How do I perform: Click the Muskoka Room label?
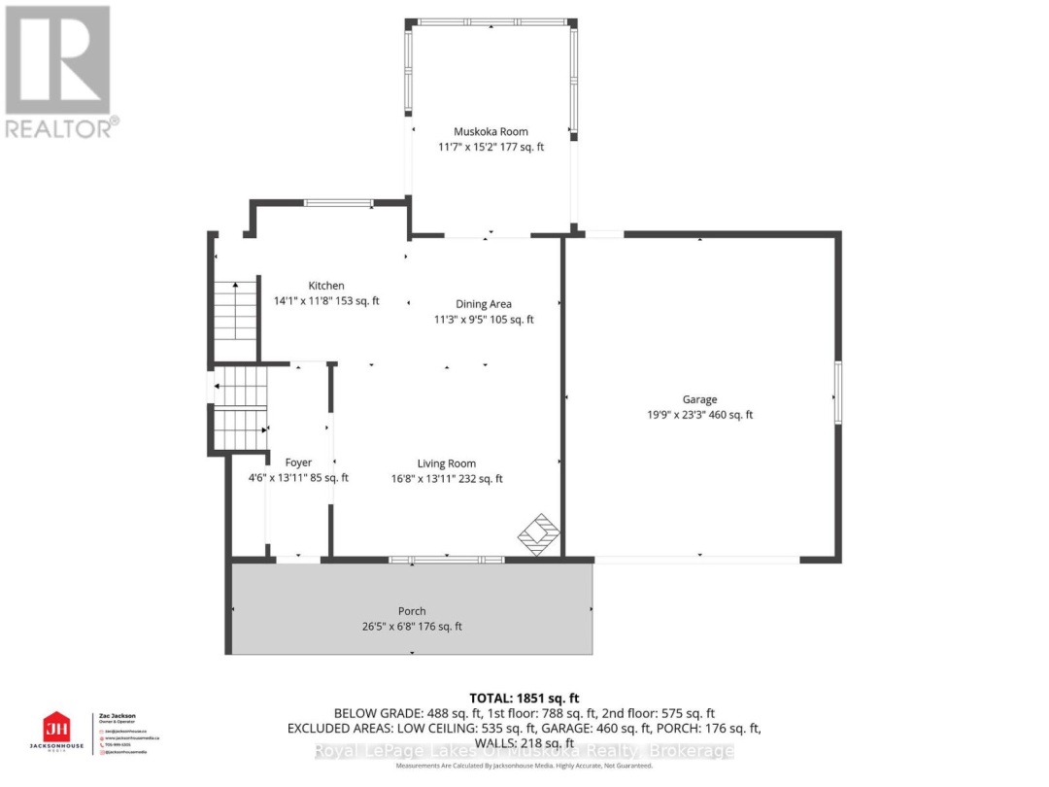pyautogui.click(x=491, y=131)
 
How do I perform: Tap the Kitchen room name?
pyautogui.click(x=326, y=286)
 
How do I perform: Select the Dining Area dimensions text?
pyautogui.click(x=484, y=320)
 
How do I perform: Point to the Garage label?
pyautogui.click(x=699, y=399)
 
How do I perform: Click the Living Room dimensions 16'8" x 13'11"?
pyautogui.click(x=447, y=478)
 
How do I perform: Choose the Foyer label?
pyautogui.click(x=298, y=462)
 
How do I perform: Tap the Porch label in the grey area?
pyautogui.click(x=412, y=611)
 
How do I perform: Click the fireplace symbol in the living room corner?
pyautogui.click(x=539, y=533)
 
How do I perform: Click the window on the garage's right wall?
pyautogui.click(x=837, y=393)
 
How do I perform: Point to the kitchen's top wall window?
pyautogui.click(x=338, y=203)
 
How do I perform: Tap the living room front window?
pyautogui.click(x=447, y=560)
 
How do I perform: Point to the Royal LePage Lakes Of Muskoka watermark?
pyautogui.click(x=524, y=751)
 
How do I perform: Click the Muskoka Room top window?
pyautogui.click(x=491, y=21)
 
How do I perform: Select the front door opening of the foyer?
pyautogui.click(x=297, y=559)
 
